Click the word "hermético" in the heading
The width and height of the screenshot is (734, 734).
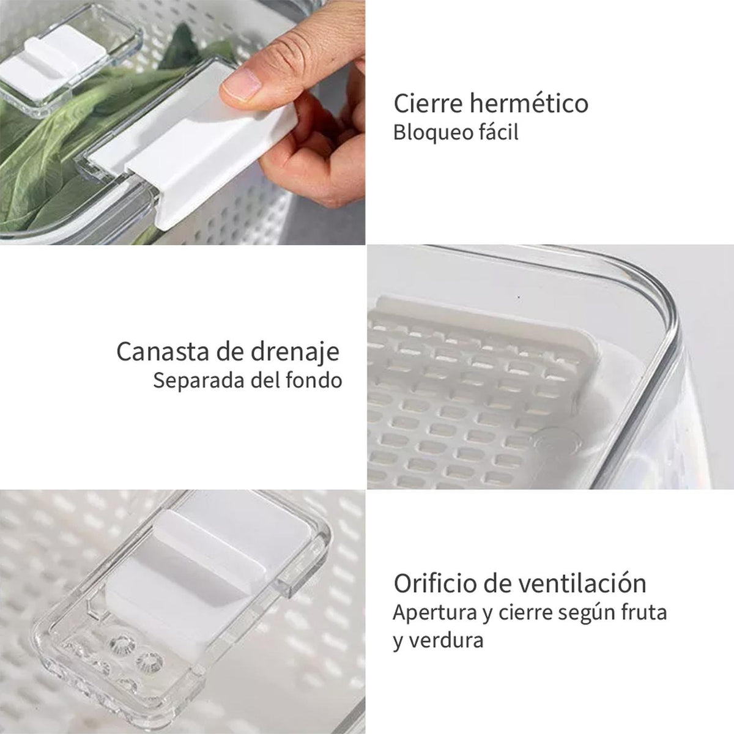pyautogui.click(x=530, y=103)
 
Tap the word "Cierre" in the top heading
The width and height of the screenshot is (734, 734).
pyautogui.click(x=428, y=103)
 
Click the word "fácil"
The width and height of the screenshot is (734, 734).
pyautogui.click(x=500, y=132)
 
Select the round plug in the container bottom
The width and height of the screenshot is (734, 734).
pyautogui.click(x=559, y=443)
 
